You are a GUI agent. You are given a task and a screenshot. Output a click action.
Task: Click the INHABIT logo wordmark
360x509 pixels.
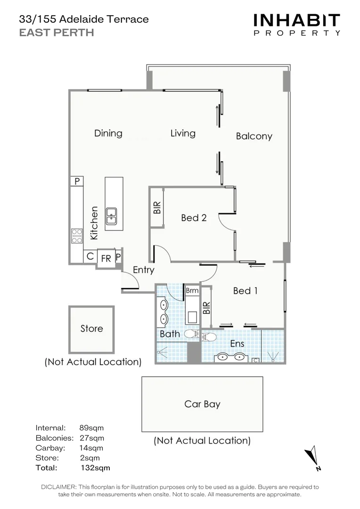pos(296,20)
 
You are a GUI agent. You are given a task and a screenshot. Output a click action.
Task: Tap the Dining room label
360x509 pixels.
pos(108,133)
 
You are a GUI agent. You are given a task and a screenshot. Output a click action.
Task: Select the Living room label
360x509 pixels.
pos(183,133)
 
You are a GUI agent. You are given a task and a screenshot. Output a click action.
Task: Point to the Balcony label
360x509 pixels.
pos(254,136)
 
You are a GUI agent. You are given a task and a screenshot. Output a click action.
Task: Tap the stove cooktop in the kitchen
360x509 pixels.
pos(76,235)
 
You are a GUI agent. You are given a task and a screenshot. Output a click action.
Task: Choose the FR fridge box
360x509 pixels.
pos(106,259)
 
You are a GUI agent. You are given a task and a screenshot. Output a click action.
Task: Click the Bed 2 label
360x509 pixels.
pos(194,218)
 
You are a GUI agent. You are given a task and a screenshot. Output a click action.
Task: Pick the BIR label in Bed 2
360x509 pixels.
pos(157,208)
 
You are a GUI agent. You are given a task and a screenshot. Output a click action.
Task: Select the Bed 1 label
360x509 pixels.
pos(245,291)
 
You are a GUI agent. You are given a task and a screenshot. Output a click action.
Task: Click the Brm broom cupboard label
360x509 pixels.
pos(192,291)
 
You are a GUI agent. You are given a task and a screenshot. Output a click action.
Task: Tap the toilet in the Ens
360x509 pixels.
pos(209,337)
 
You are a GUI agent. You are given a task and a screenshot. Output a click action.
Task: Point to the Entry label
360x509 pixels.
pos(143,270)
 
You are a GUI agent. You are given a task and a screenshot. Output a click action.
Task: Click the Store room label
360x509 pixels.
pos(91,328)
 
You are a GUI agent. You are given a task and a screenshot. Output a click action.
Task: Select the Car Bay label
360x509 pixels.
pos(202,404)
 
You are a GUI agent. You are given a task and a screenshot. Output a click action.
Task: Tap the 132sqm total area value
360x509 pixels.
pos(95,468)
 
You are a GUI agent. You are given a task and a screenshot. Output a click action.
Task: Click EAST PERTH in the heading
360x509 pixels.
pos(56,33)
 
